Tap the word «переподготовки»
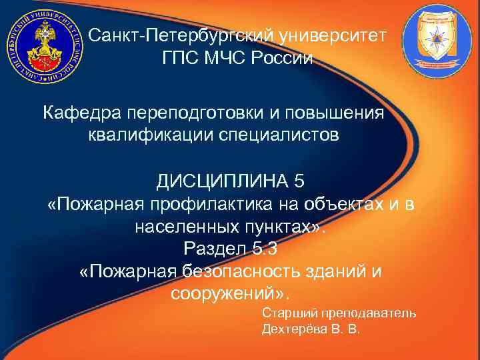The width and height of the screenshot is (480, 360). coord(198,113)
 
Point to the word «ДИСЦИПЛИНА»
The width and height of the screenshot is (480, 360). coord(221,181)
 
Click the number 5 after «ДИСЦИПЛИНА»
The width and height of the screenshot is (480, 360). coord(298,181)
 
